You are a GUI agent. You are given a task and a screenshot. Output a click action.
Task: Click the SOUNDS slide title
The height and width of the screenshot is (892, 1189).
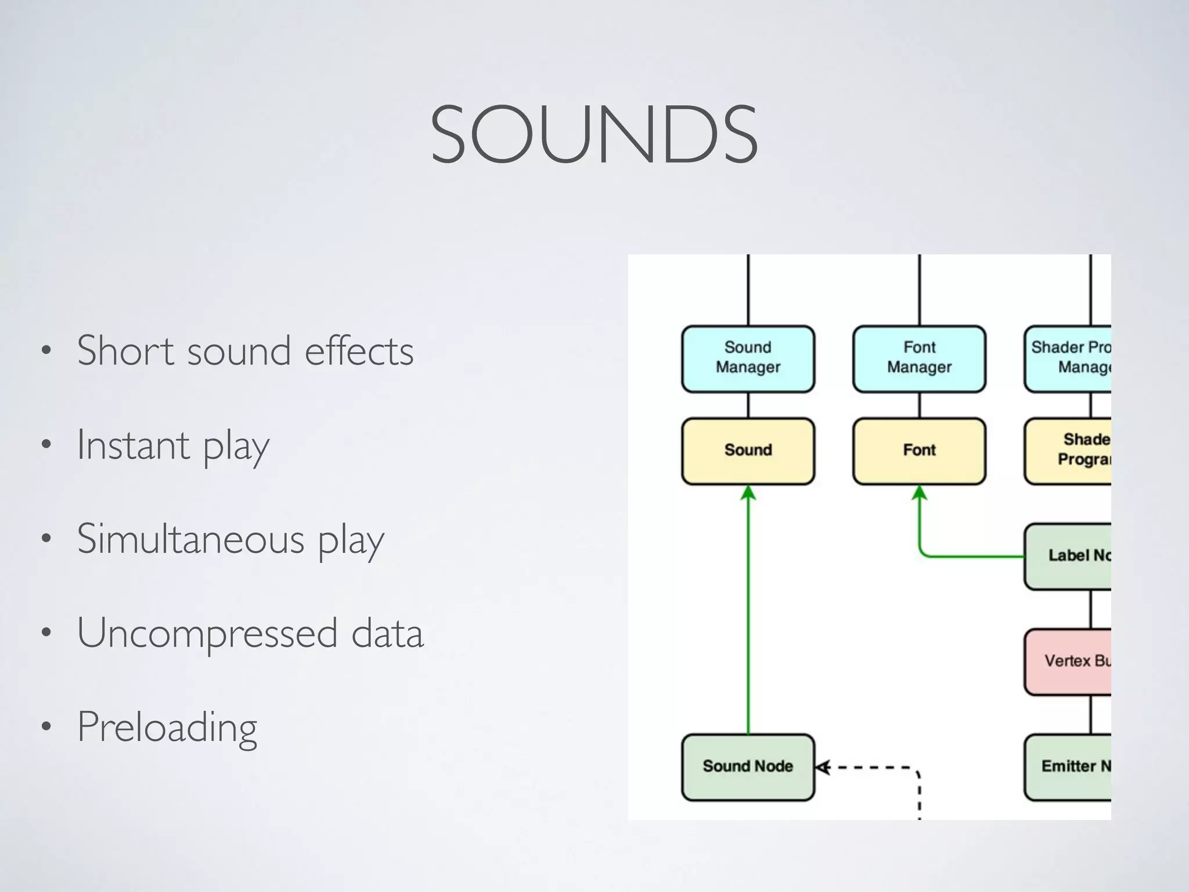point(594,135)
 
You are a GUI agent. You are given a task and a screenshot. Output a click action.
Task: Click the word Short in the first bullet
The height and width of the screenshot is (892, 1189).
point(125,351)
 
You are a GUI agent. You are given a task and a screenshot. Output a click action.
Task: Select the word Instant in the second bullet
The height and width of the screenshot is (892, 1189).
point(133,445)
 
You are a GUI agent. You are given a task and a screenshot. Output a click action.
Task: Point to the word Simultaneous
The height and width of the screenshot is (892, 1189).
point(190,539)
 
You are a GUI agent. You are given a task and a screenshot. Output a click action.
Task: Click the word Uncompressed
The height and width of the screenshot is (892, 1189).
point(207,633)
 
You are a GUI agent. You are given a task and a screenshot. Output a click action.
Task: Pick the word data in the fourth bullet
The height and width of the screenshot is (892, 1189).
point(387,633)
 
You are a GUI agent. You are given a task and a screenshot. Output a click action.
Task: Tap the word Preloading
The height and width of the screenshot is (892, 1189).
point(167,727)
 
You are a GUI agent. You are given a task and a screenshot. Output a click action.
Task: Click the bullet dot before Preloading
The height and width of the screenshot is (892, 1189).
point(46,727)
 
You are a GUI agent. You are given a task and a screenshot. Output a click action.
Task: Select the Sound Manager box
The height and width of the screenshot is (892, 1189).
point(748,358)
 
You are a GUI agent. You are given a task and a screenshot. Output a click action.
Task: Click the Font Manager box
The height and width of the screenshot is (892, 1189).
point(919,358)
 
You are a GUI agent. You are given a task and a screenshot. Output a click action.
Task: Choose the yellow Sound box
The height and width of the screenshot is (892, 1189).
point(748,451)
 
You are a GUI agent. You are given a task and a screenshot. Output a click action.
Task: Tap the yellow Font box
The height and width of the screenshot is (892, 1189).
point(919,451)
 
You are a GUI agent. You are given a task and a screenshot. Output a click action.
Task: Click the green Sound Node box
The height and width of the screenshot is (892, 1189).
point(748,767)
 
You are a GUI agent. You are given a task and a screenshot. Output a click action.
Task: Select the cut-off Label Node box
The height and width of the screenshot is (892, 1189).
point(1068,556)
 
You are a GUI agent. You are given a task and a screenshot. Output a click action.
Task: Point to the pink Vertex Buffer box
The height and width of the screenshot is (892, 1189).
point(1068,661)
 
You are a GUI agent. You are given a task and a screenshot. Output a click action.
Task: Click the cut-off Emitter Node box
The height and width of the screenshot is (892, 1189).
point(1068,767)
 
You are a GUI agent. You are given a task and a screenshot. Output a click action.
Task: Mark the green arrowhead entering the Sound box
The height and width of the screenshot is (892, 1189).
point(748,493)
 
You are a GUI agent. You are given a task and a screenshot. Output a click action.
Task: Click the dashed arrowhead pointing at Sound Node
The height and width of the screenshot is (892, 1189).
point(822,768)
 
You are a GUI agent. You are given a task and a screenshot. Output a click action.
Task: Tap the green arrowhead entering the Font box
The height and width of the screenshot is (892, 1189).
point(919,493)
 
